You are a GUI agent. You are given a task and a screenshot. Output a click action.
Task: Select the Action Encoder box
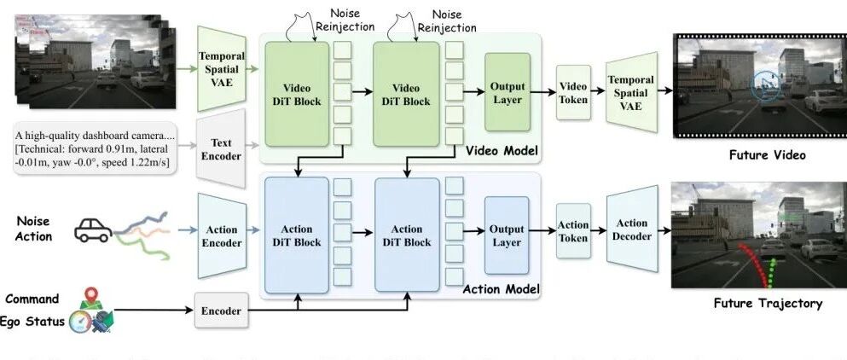click(x=221, y=235)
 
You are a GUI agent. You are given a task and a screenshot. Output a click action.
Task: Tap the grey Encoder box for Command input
click(x=220, y=311)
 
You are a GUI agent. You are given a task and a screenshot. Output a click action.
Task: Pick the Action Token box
click(x=573, y=231)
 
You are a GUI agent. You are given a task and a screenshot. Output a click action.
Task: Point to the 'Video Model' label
click(x=502, y=152)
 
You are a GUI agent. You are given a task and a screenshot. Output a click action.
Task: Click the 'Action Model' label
click(x=502, y=290)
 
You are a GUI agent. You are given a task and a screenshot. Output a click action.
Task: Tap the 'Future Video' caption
click(x=767, y=155)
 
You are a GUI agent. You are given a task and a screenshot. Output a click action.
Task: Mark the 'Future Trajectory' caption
click(x=768, y=303)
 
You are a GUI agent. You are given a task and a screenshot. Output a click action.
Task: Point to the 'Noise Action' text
click(x=33, y=228)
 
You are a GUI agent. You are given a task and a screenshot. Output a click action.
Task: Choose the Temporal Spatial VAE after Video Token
click(x=632, y=91)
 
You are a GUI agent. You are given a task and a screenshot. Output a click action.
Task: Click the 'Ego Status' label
click(x=34, y=320)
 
